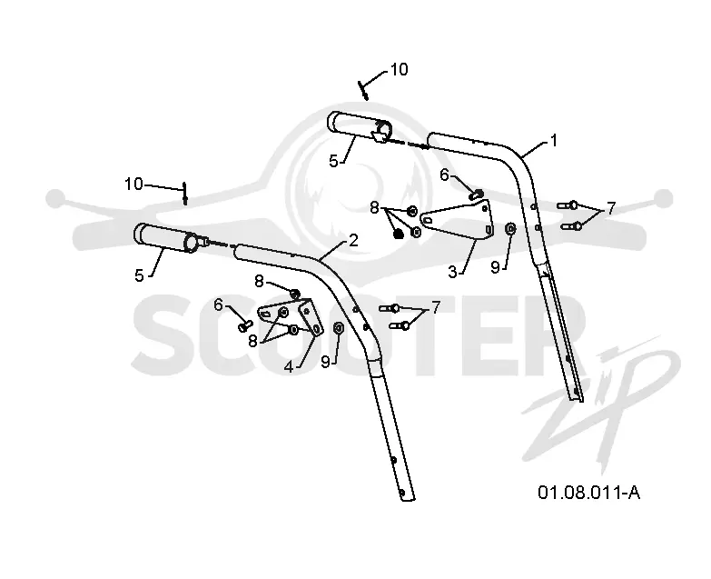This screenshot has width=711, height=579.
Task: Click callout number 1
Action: point(553,141)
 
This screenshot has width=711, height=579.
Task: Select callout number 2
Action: point(354,241)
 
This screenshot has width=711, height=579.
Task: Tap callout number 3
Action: point(452,273)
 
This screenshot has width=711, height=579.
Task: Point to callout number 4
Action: point(289,366)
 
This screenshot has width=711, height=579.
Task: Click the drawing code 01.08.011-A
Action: point(589,493)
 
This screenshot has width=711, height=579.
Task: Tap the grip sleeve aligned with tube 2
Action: point(166,238)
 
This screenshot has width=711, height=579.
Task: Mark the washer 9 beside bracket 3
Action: point(509,228)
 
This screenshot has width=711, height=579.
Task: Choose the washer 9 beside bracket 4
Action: point(339,327)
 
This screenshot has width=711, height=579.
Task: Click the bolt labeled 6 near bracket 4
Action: point(245,324)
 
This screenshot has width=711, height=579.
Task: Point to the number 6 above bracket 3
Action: point(444,175)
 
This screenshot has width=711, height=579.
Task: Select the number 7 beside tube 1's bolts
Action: point(611,208)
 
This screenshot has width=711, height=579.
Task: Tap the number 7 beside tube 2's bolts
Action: point(436,307)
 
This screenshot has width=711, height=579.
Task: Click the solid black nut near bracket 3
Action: point(399,235)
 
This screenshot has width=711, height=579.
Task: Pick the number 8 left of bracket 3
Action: point(374,208)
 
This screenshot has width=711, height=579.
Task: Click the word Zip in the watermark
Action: point(603,399)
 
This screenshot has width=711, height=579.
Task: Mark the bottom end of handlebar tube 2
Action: point(408,498)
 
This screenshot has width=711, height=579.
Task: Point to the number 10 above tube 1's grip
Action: point(399,69)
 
